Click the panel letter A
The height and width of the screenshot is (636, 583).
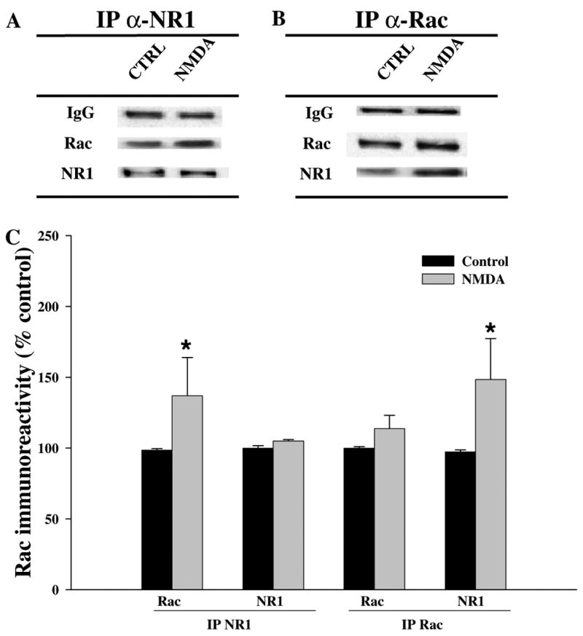click(x=13, y=22)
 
